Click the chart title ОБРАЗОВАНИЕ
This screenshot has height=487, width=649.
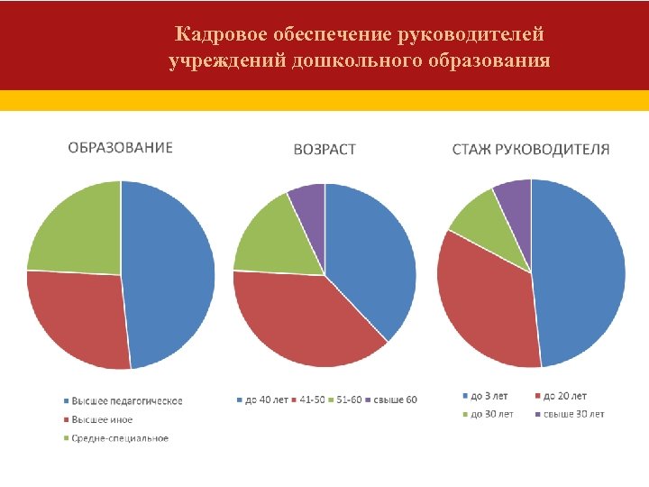(x=121, y=147)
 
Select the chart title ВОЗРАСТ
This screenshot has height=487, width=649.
(x=324, y=150)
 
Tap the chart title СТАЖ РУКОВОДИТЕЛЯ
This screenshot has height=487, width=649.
(x=530, y=149)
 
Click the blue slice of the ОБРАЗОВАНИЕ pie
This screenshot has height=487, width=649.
(x=171, y=271)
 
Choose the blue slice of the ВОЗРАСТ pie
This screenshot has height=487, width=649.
(x=370, y=253)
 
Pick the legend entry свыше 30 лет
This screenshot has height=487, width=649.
(x=574, y=414)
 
